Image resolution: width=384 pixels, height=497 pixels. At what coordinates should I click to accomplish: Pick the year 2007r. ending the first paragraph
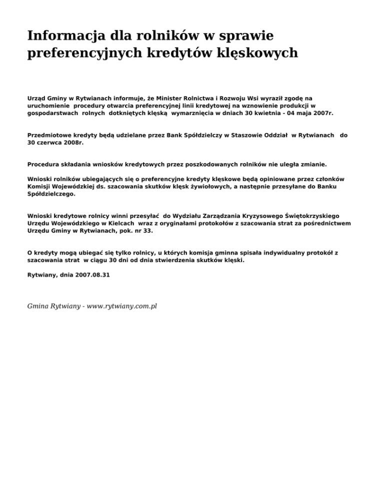322,113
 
